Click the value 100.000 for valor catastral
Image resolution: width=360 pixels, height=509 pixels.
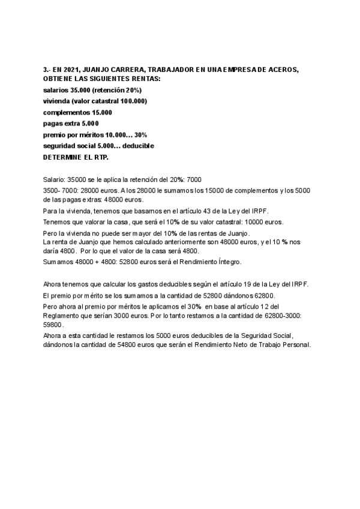pos(131,101)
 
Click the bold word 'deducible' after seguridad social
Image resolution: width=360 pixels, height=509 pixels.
pos(139,146)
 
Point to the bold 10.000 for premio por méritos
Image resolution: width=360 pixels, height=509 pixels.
pos(116,134)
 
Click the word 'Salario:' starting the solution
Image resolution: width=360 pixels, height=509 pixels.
pos(55,179)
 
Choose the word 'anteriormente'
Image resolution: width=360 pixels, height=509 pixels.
pos(158,242)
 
